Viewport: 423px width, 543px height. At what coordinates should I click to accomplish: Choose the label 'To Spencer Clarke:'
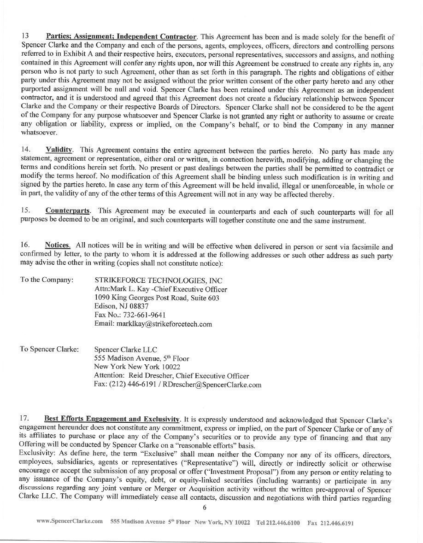coord(49,350)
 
